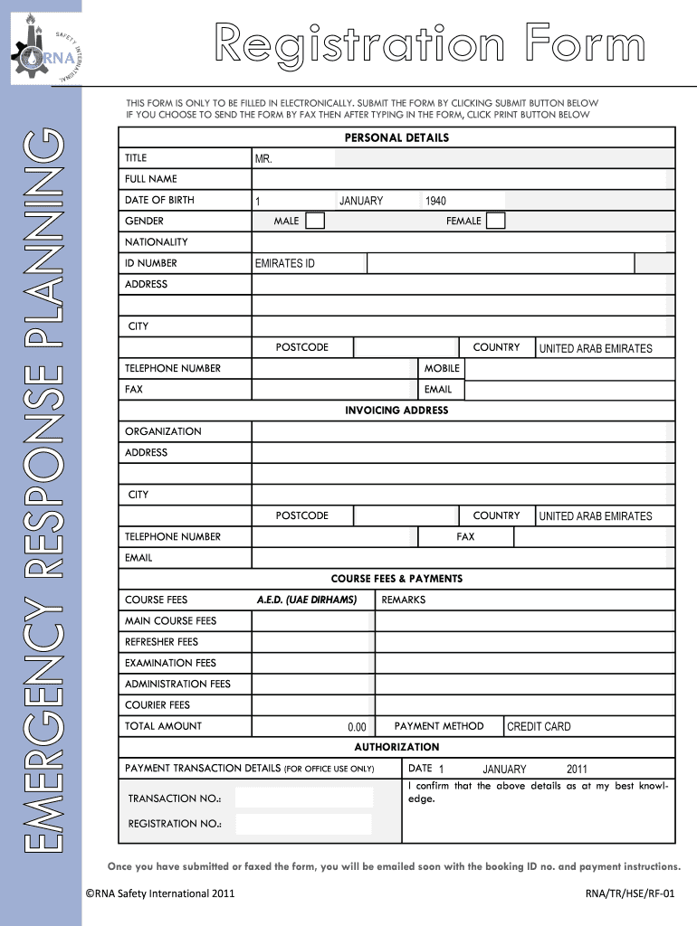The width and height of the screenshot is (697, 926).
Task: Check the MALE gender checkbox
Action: (314, 221)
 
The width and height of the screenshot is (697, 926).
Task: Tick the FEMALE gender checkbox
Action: (495, 221)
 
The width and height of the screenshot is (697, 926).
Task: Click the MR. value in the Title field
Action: (263, 159)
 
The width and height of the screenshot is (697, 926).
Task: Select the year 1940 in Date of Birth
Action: (434, 201)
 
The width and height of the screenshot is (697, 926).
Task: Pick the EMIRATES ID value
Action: (284, 264)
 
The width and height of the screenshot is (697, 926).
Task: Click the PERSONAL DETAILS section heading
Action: (396, 137)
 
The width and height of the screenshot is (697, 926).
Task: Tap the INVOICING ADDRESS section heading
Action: (396, 411)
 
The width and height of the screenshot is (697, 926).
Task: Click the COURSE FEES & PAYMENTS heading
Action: (396, 579)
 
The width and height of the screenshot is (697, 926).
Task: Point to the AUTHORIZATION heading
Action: (396, 747)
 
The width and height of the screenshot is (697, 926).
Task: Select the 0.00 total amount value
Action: (357, 727)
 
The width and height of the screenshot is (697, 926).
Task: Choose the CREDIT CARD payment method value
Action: (539, 727)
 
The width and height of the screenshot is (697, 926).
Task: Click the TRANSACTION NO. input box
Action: (303, 798)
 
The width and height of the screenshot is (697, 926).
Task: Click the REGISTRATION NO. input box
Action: (303, 823)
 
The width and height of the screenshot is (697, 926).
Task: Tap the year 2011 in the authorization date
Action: (577, 770)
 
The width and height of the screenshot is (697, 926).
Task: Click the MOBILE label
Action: (442, 368)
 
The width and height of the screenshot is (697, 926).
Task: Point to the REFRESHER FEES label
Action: (161, 642)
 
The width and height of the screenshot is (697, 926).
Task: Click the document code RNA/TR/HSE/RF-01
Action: (631, 893)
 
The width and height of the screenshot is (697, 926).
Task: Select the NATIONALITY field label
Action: (157, 242)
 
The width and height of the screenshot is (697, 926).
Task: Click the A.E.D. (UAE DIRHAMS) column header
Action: (307, 600)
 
